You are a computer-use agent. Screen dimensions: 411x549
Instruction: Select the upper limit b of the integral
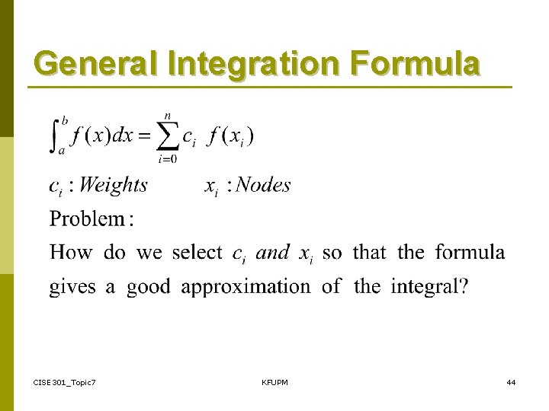tap(66, 120)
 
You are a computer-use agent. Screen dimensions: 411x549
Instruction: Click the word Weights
tap(113, 185)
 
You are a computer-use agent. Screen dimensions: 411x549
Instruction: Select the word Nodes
tap(263, 185)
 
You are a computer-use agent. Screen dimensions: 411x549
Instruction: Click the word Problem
tap(87, 219)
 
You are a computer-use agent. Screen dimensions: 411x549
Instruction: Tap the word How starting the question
tap(71, 252)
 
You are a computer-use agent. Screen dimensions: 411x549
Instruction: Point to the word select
tap(197, 252)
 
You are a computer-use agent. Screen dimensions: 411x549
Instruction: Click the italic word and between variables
tap(272, 253)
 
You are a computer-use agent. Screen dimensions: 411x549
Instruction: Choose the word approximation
tap(246, 287)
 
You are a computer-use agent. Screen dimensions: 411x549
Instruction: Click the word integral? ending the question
tap(430, 287)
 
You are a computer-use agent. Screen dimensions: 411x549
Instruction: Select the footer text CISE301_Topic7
tap(65, 381)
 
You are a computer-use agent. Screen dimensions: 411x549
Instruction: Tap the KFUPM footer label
tap(274, 381)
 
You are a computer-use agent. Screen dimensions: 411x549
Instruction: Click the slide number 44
tap(510, 381)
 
